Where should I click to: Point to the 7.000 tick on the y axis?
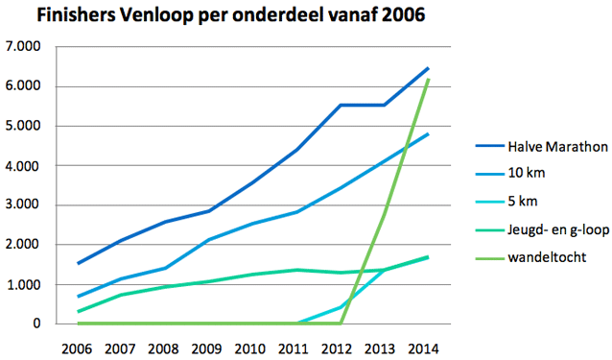coord(24,47)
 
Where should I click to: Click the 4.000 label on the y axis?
coord(24,166)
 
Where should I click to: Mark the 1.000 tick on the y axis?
coord(24,285)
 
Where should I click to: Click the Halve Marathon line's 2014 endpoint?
coord(427,68)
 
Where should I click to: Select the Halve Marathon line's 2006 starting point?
coord(78,263)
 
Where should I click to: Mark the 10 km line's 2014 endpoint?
coord(427,134)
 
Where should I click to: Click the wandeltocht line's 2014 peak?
coord(427,80)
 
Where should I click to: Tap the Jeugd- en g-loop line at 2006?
coord(78,311)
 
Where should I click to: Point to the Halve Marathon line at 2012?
coord(340,105)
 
